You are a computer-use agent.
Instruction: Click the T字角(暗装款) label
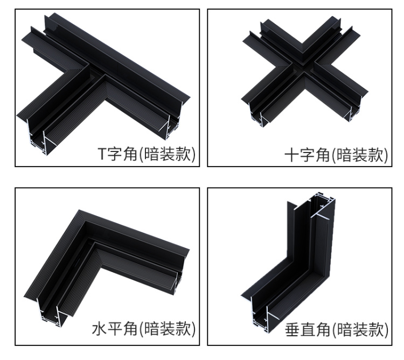click(x=147, y=154)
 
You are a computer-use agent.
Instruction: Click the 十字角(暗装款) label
click(x=336, y=155)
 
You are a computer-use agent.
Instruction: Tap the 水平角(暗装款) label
click(x=143, y=329)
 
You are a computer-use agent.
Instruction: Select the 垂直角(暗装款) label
click(x=336, y=329)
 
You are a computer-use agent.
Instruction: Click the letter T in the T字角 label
click(x=101, y=154)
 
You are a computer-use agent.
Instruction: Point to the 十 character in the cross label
click(x=291, y=155)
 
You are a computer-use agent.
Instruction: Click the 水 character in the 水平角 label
click(x=99, y=329)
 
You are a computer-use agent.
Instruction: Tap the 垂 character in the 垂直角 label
click(x=292, y=329)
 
